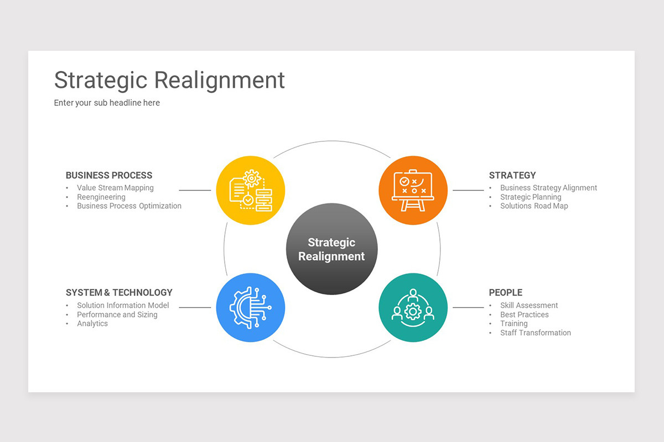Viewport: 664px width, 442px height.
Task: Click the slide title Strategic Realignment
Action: pyautogui.click(x=169, y=80)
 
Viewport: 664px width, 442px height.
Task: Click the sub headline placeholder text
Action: pyautogui.click(x=107, y=103)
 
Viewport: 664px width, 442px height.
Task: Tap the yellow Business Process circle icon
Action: pyautogui.click(x=250, y=190)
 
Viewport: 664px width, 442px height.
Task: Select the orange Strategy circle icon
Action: pyautogui.click(x=413, y=190)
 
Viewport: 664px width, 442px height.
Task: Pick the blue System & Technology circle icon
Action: pyautogui.click(x=250, y=308)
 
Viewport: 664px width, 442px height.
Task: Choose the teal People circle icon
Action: pyautogui.click(x=413, y=308)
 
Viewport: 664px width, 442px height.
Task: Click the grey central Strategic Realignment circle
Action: pyautogui.click(x=331, y=249)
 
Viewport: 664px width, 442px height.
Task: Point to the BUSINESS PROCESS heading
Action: pyautogui.click(x=109, y=176)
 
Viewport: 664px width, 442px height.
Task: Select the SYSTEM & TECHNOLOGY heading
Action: pyautogui.click(x=119, y=293)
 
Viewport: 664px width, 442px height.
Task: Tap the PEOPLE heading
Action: pyautogui.click(x=505, y=293)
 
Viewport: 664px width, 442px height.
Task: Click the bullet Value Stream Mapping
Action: pyautogui.click(x=115, y=188)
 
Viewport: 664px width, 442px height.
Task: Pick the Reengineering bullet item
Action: pyautogui.click(x=101, y=197)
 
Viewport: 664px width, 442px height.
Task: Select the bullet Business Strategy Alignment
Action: pyautogui.click(x=548, y=188)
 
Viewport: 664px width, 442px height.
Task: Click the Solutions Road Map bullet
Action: pyautogui.click(x=534, y=206)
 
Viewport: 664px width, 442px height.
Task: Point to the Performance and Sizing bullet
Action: pyautogui.click(x=117, y=315)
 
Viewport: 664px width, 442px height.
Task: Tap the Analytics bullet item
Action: pyautogui.click(x=92, y=324)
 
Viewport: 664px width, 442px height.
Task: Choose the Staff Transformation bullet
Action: pyautogui.click(x=536, y=333)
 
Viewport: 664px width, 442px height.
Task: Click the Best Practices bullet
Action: pyautogui.click(x=525, y=315)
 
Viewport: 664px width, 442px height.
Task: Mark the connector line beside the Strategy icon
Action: pyautogui.click(x=468, y=190)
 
